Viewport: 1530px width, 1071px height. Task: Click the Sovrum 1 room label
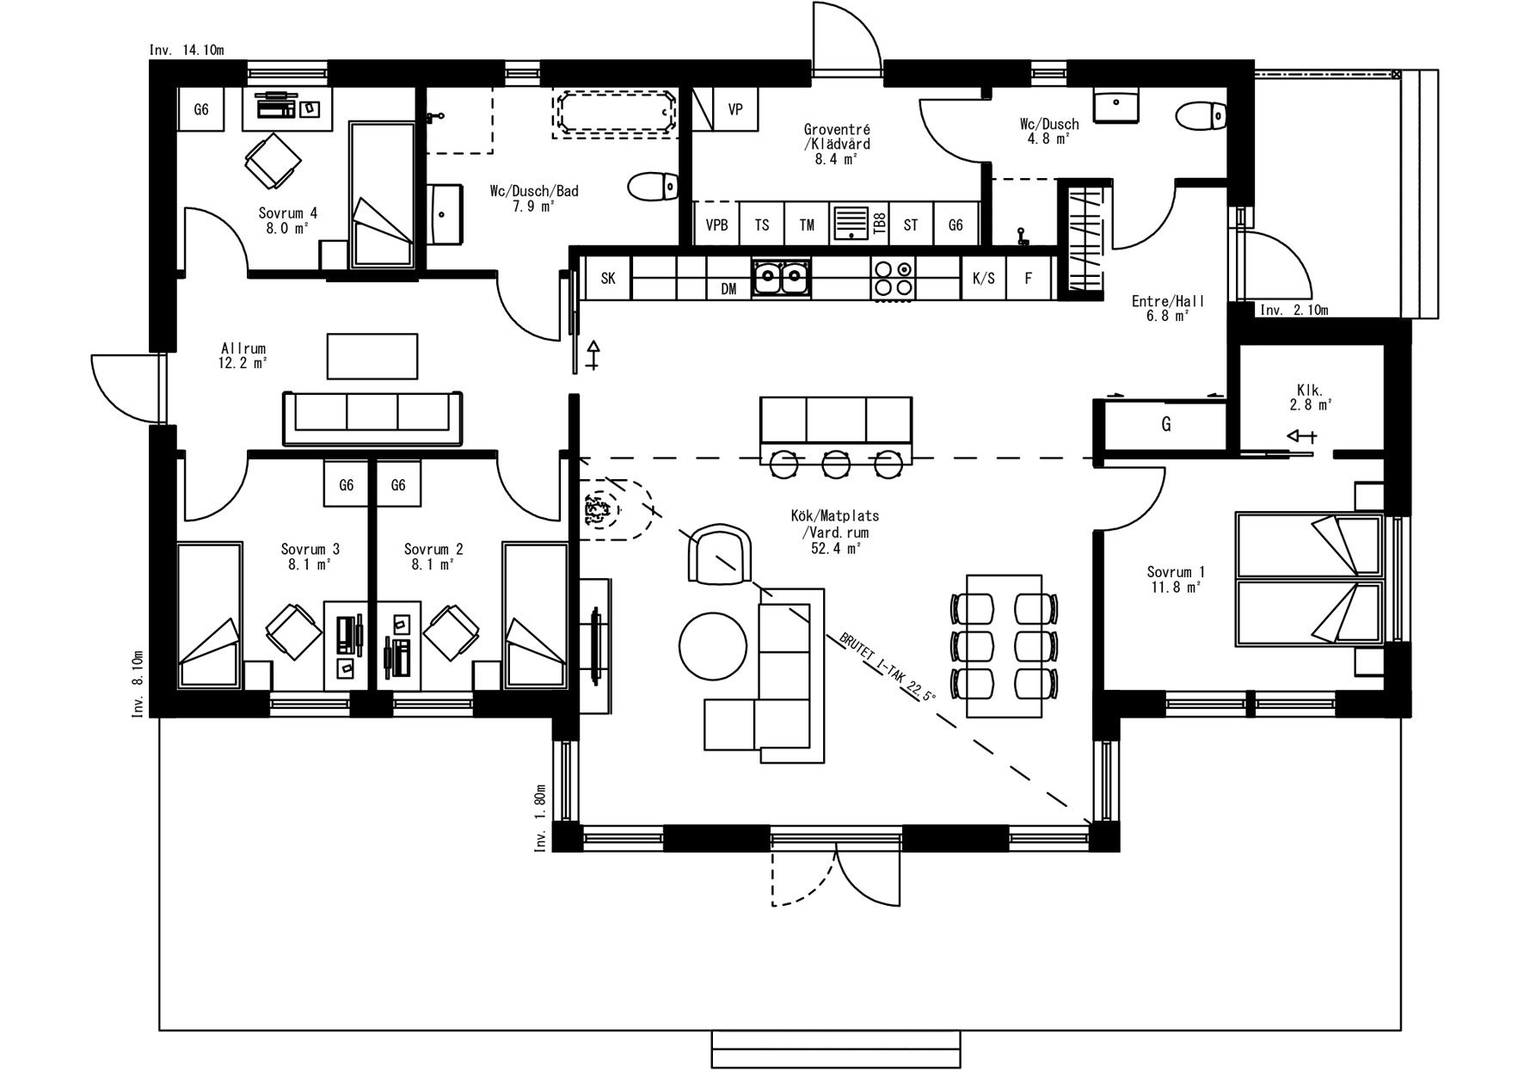pos(1175,579)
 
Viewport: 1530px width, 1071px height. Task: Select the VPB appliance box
pos(716,225)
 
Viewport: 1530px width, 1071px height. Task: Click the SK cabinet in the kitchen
pos(607,278)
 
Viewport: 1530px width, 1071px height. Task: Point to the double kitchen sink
pos(781,278)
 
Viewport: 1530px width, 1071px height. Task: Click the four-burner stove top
pos(893,278)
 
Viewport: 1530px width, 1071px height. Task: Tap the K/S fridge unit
pos(983,278)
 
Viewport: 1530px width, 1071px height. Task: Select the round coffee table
pos(713,646)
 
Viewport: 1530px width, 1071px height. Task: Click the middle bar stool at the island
pos(835,464)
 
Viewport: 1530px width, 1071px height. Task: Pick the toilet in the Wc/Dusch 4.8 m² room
pos(1201,114)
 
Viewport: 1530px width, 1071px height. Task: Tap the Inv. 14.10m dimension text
pos(187,50)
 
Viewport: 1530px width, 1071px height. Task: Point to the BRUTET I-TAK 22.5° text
pos(883,667)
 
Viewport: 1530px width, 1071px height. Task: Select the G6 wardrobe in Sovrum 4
pos(201,109)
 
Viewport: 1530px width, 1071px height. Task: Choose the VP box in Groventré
pos(734,109)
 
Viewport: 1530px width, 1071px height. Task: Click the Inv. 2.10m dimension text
pos(1293,310)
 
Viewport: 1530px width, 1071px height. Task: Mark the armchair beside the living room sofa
pos(721,556)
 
